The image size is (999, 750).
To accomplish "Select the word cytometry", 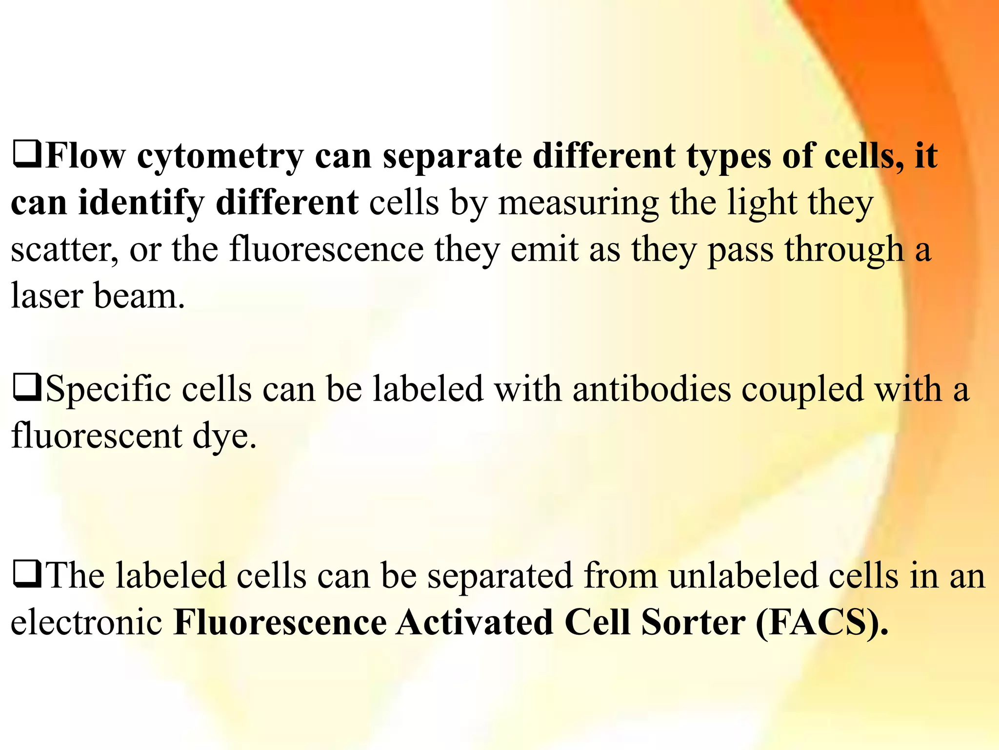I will click(x=220, y=157).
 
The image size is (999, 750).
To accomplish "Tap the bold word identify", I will click(x=140, y=203).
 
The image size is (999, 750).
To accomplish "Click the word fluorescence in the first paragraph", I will click(x=326, y=249).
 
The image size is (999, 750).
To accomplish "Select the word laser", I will click(x=46, y=295).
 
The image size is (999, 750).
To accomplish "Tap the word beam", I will click(x=139, y=295).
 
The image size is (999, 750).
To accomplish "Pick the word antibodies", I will click(x=652, y=389).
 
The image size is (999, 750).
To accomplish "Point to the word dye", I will click(x=224, y=436).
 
